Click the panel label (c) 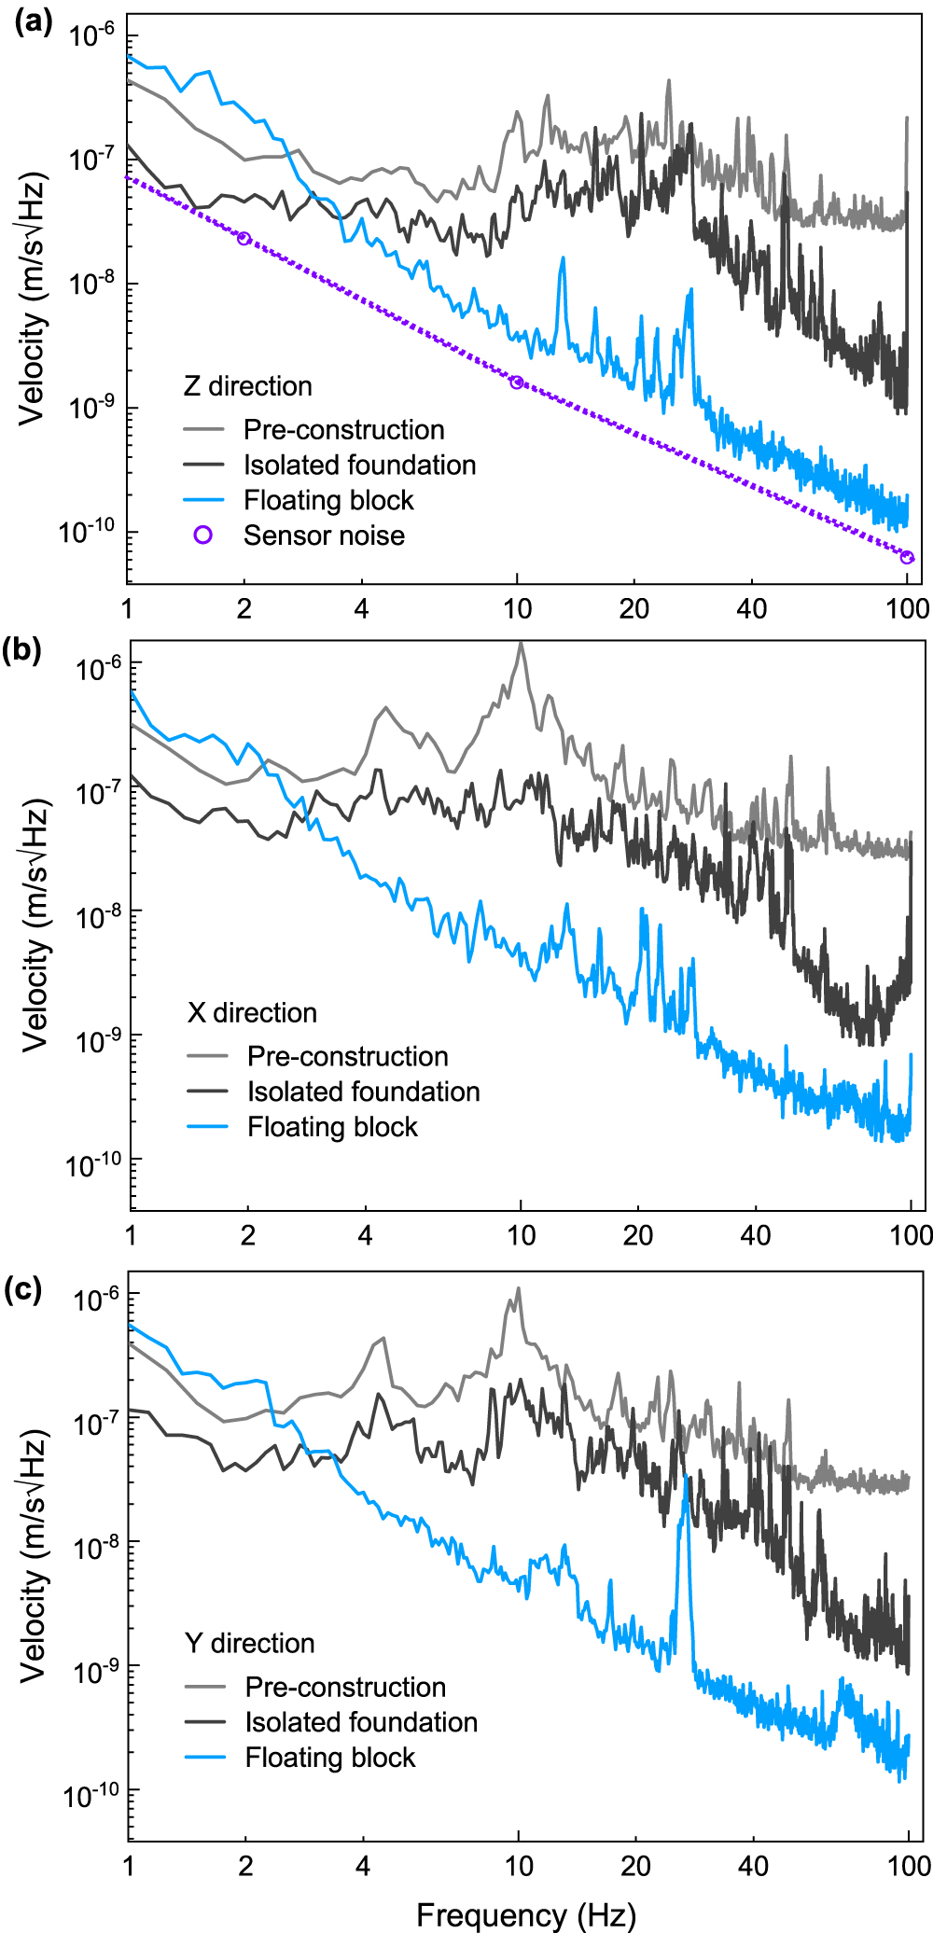[x=23, y=1289]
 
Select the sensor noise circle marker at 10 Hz [x=517, y=382]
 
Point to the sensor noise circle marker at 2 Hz [x=244, y=239]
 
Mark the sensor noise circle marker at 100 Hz [x=907, y=558]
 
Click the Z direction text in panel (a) [x=247, y=386]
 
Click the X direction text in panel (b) [x=252, y=1013]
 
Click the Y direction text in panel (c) [x=249, y=1643]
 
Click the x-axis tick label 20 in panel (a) [x=634, y=609]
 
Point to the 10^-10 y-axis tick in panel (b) [x=93, y=1163]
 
